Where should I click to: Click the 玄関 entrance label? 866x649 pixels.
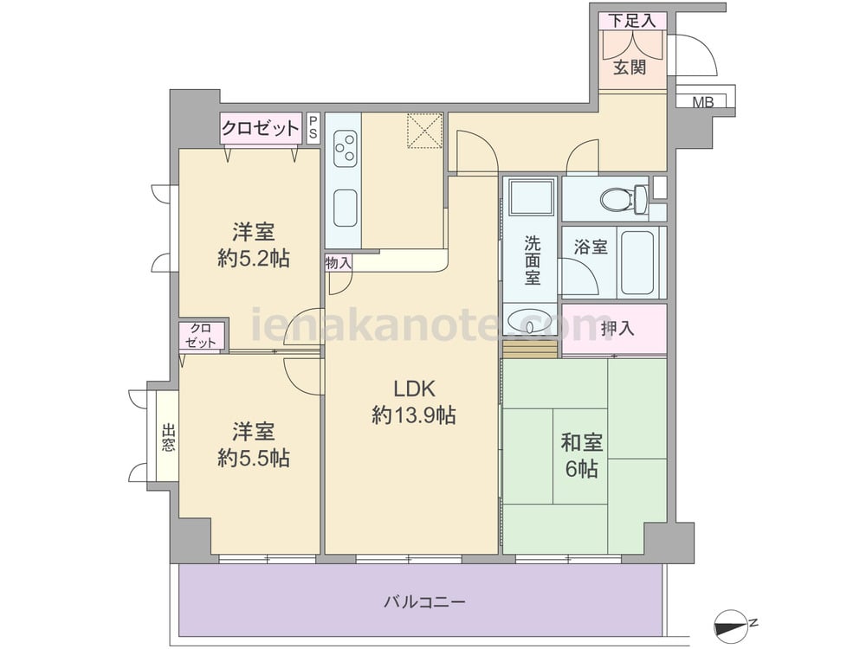(x=630, y=67)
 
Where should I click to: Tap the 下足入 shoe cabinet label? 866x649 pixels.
(x=632, y=21)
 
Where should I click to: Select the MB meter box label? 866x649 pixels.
(x=703, y=102)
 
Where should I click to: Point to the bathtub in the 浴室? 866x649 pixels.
(x=638, y=263)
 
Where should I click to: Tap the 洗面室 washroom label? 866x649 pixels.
(x=533, y=260)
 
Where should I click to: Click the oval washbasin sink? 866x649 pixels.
(x=530, y=320)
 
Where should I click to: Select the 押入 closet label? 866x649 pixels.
(x=617, y=329)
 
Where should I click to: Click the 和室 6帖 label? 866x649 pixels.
(x=582, y=455)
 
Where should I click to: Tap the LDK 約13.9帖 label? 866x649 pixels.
(x=414, y=402)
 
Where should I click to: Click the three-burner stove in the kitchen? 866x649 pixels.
(x=344, y=148)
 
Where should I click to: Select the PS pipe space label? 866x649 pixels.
(x=313, y=127)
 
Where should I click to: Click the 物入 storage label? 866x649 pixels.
(x=339, y=263)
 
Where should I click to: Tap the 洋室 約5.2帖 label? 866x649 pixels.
(x=254, y=245)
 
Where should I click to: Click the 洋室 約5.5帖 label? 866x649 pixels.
(x=254, y=445)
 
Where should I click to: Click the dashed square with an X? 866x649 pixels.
(x=425, y=131)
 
